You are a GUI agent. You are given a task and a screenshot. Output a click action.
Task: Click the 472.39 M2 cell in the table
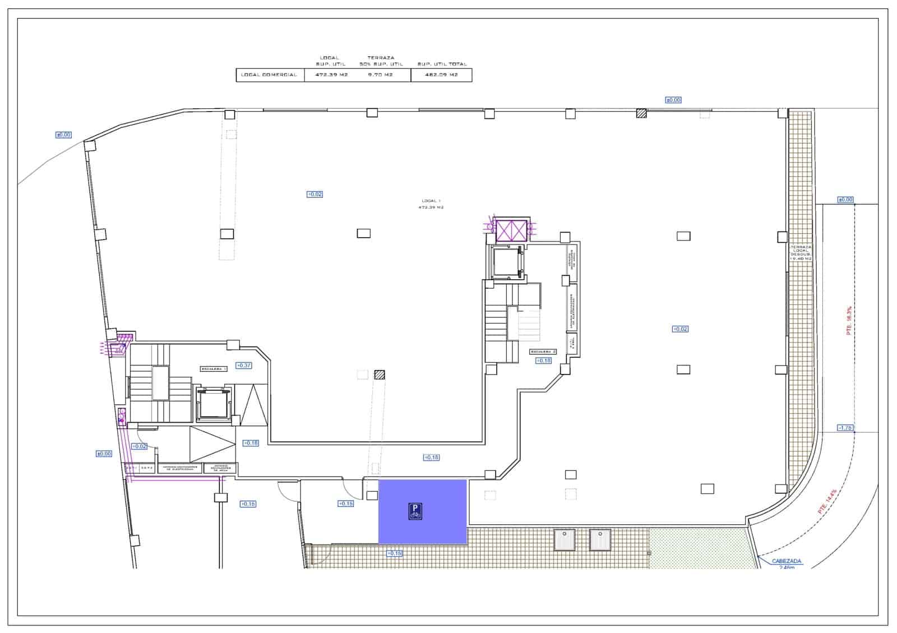331,75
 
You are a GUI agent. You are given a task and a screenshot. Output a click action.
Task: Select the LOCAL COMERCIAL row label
269,75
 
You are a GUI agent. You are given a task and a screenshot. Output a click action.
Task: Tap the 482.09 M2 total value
441,75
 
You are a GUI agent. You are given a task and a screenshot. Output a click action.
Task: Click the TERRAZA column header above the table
381,58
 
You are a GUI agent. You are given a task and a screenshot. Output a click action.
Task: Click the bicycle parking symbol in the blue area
415,511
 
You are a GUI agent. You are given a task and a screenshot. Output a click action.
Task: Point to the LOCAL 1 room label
432,201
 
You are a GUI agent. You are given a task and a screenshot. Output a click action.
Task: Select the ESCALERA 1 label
214,369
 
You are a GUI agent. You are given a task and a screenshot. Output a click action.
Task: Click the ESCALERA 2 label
543,352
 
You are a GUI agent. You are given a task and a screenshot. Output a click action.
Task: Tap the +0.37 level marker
244,365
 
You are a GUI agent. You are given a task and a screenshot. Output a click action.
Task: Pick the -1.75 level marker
845,428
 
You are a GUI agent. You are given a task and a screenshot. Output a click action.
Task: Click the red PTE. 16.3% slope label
849,321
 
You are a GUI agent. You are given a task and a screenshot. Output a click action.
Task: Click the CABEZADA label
787,561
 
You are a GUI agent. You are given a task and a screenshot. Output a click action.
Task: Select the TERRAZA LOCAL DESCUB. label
801,253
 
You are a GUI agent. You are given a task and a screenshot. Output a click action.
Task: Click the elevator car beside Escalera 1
212,403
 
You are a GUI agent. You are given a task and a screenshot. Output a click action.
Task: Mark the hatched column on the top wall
641,113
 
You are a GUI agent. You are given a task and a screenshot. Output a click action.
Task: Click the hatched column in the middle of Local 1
380,375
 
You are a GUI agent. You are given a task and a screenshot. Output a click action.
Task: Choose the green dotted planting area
698,548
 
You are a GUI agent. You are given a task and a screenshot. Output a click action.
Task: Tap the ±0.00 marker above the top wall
673,100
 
